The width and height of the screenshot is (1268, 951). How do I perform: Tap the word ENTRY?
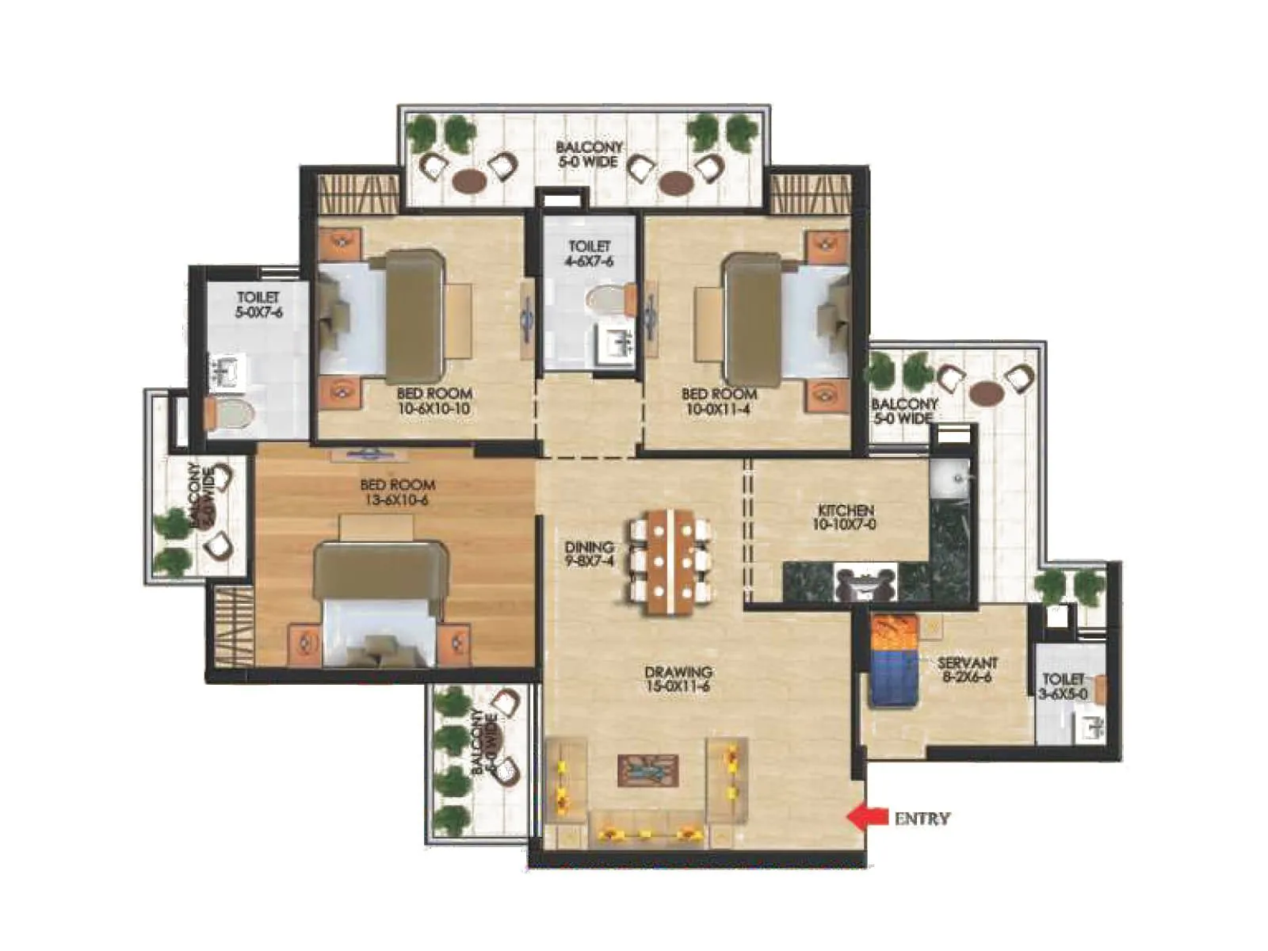click(922, 819)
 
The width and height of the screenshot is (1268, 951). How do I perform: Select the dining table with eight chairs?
click(669, 562)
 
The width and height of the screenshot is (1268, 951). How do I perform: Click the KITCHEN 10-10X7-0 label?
click(845, 518)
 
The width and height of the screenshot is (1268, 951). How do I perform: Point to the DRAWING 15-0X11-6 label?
click(678, 679)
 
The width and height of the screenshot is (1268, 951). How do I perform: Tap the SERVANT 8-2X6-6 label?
click(966, 670)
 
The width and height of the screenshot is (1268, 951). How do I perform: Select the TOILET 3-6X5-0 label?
click(1063, 686)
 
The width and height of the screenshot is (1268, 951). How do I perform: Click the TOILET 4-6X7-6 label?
click(590, 254)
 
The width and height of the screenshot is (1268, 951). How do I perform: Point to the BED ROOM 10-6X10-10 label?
click(433, 401)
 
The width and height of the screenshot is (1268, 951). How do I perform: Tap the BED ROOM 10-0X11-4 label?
click(719, 401)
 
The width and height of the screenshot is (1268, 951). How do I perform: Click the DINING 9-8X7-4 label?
click(589, 554)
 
